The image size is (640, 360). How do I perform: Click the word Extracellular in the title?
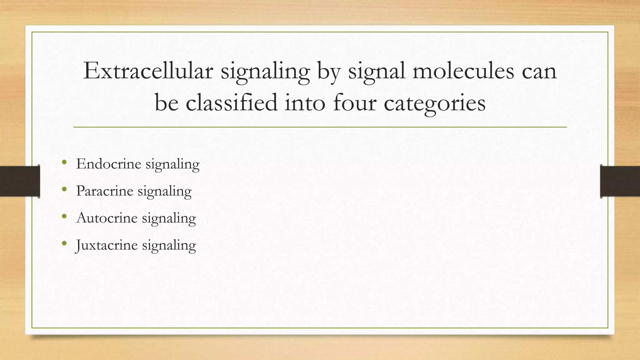point(148,71)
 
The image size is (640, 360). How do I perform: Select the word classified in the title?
point(232,103)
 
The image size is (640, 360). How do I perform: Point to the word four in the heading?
point(355,103)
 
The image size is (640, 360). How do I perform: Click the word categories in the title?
point(435,103)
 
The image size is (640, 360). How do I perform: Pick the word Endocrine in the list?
point(108,164)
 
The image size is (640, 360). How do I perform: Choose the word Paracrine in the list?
point(105,191)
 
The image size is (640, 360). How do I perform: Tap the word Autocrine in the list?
point(107,218)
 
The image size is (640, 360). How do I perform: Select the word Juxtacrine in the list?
point(107,245)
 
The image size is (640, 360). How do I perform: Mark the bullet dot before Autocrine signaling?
point(64,216)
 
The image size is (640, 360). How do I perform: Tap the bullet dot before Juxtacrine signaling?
point(64,243)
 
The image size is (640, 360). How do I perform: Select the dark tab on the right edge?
point(620,181)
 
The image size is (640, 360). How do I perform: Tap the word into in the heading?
point(305,103)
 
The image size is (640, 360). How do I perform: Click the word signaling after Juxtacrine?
point(169,245)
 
